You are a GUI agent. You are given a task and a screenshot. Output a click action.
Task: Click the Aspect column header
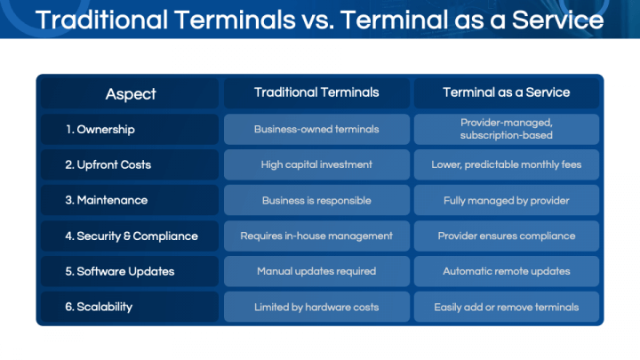(130, 93)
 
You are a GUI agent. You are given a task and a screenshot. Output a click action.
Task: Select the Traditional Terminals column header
(316, 93)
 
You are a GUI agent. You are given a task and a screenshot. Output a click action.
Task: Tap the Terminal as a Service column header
(507, 93)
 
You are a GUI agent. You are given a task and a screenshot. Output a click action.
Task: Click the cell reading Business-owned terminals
(316, 130)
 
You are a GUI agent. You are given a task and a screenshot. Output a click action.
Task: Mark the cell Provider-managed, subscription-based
(507, 130)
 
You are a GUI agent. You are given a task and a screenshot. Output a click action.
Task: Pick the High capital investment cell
(316, 165)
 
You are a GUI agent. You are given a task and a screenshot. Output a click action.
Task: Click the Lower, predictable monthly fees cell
(507, 165)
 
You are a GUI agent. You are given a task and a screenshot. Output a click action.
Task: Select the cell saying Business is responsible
(316, 200)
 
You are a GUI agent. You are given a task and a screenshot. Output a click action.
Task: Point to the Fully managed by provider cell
(507, 200)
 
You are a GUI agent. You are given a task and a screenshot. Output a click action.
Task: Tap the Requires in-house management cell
(316, 236)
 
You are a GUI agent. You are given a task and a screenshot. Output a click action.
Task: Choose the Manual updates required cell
(316, 271)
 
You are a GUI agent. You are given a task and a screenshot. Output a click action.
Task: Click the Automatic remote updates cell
(507, 271)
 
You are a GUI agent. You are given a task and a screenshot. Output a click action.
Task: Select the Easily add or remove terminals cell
(507, 307)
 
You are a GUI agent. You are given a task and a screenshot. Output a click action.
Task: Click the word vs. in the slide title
(318, 21)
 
